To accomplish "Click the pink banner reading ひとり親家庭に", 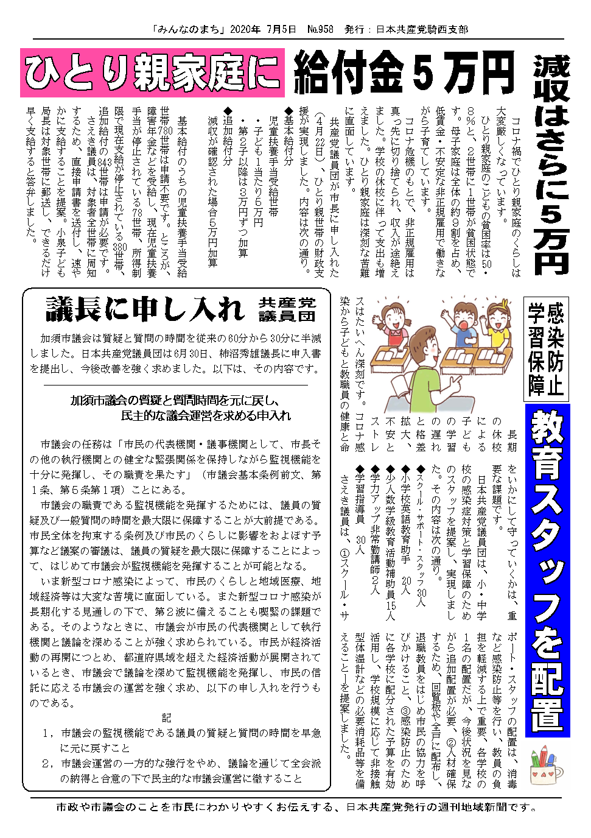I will (152, 73).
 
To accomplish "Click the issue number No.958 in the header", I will (320, 29).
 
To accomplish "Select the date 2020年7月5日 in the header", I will (264, 29).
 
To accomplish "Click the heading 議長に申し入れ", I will (145, 309).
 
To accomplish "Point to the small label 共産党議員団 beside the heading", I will (287, 309).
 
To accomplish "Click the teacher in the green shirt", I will (420, 365).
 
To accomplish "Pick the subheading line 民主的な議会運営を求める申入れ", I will (206, 415).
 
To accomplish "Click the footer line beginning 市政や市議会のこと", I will (296, 807).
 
